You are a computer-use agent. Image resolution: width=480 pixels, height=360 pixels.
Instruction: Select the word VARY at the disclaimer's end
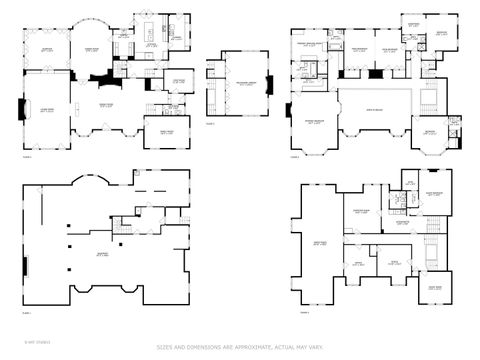click(x=318, y=348)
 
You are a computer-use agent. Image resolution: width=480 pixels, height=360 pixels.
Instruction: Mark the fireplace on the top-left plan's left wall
click(x=23, y=107)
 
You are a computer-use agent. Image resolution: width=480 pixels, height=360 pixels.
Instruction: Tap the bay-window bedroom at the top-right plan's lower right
click(x=433, y=135)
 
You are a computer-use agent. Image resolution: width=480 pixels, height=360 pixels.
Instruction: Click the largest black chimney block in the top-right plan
click(x=371, y=72)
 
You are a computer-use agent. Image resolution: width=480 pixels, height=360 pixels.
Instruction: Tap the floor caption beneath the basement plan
click(x=27, y=312)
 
